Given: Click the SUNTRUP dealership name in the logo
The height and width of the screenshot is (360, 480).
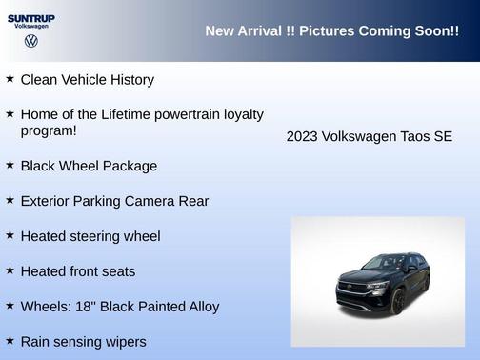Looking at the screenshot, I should tap(31, 17).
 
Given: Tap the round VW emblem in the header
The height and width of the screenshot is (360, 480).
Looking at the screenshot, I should tap(31, 42).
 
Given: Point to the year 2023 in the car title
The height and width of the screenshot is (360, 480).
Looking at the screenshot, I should tap(302, 137).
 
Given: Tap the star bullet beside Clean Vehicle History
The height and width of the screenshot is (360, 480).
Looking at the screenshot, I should tap(10, 79).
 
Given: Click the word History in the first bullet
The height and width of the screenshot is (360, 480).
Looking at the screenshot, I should tap(129, 80).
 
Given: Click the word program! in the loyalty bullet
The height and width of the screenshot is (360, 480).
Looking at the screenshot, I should tap(49, 131).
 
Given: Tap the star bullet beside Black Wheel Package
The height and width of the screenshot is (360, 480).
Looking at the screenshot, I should tap(10, 165).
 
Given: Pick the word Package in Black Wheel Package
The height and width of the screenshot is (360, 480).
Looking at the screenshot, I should tap(130, 166).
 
